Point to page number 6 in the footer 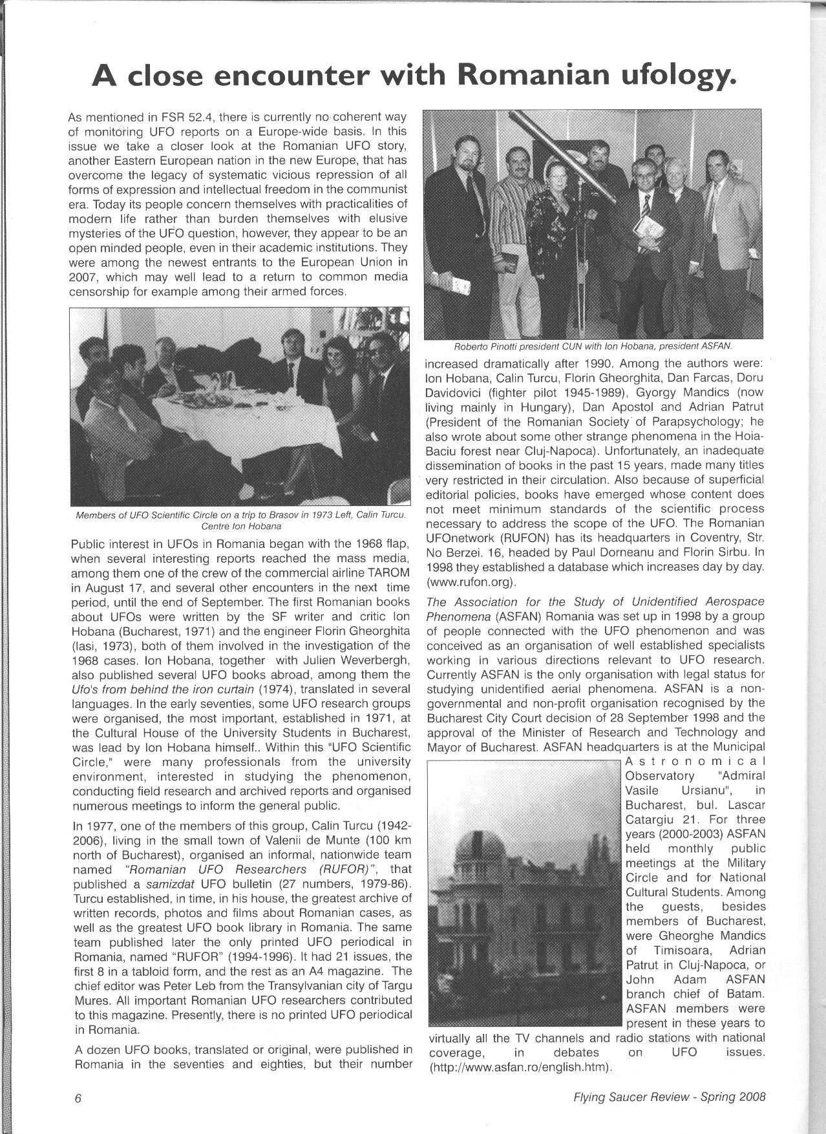(x=78, y=1097)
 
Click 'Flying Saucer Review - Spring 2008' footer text (x=669, y=1097)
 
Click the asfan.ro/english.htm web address (x=521, y=1067)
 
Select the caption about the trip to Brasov (x=240, y=520)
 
